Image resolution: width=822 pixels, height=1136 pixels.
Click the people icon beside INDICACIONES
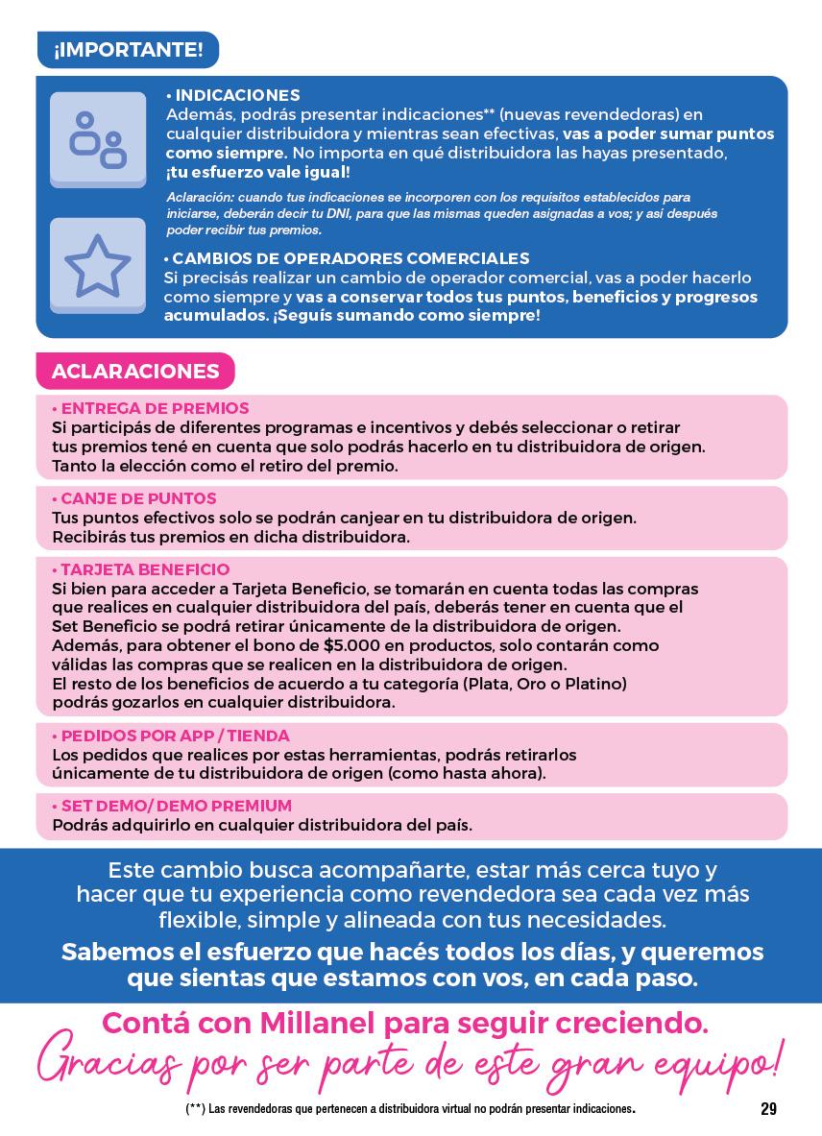coord(97,140)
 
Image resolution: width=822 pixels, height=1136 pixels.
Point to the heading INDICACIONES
coord(235,96)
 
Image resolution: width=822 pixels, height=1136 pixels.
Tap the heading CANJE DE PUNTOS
coord(136,499)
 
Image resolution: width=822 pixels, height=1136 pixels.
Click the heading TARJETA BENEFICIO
coord(143,569)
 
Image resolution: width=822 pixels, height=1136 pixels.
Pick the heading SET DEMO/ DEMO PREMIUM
coord(174,807)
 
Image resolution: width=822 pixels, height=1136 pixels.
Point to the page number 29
coord(768,1109)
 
